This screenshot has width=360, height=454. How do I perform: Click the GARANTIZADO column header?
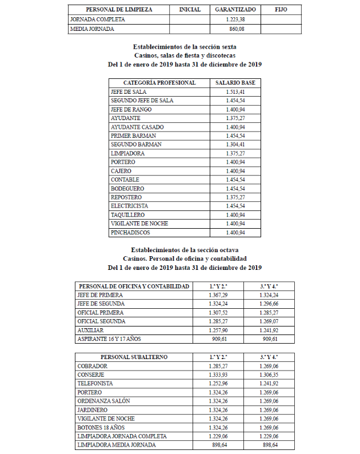tap(235, 10)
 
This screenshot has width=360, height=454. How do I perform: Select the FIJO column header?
tap(281, 10)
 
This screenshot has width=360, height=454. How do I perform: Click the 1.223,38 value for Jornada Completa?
tap(235, 19)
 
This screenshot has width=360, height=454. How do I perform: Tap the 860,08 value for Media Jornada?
tap(236, 28)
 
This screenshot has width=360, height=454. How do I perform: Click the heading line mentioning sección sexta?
tap(185, 46)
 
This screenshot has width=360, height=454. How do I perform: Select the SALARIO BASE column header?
tap(235, 83)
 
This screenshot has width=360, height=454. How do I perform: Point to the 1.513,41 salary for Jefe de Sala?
tap(235, 91)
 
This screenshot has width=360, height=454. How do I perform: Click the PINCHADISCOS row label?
tap(132, 233)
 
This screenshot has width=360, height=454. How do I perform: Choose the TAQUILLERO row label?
tap(131, 215)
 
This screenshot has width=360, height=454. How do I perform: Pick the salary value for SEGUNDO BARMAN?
tap(235, 145)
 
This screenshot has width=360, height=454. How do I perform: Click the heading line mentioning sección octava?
tap(185, 250)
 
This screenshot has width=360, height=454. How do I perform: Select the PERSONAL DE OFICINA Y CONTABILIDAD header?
tap(134, 286)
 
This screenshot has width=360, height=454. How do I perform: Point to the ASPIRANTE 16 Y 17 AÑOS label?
tap(108, 339)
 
